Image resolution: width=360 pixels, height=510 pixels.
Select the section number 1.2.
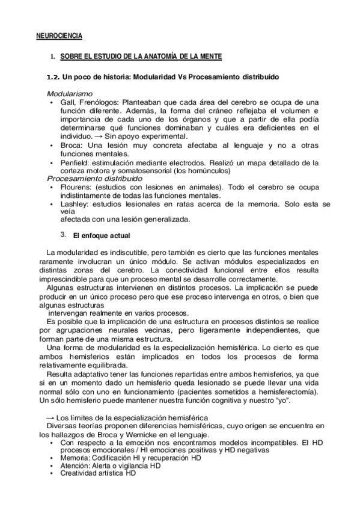[54, 78]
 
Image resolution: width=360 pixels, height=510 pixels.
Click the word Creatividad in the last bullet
[78, 474]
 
